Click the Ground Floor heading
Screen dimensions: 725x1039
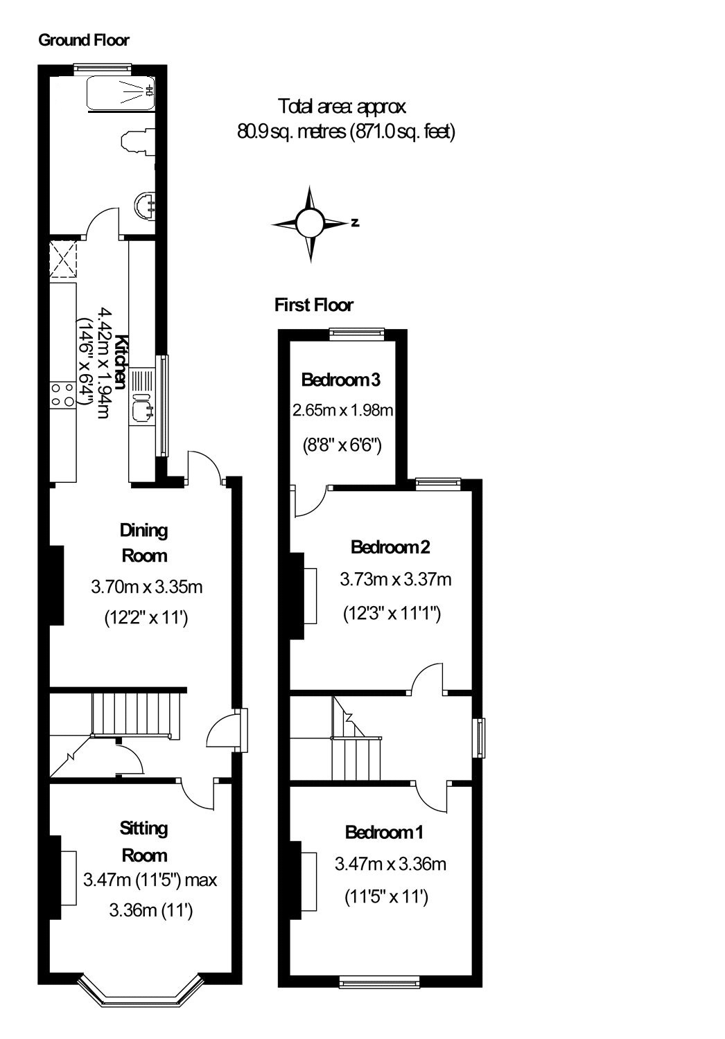tap(84, 40)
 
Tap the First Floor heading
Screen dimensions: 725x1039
tap(314, 305)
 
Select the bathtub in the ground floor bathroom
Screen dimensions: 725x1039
tap(121, 93)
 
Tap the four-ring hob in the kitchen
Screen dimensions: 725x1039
tap(62, 395)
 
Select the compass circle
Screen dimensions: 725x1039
tap(310, 223)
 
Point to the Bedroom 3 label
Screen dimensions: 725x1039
tap(341, 380)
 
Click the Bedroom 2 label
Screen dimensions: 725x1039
tap(390, 547)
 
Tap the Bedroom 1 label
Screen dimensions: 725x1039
tap(384, 832)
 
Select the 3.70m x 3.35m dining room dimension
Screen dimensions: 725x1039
tap(147, 587)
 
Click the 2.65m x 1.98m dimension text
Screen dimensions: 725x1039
tap(342, 410)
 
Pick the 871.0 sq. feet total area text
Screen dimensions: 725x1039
tap(403, 132)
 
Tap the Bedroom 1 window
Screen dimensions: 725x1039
tap(380, 982)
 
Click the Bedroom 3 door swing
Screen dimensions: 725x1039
tap(308, 501)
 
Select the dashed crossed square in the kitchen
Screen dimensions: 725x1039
tap(63, 259)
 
